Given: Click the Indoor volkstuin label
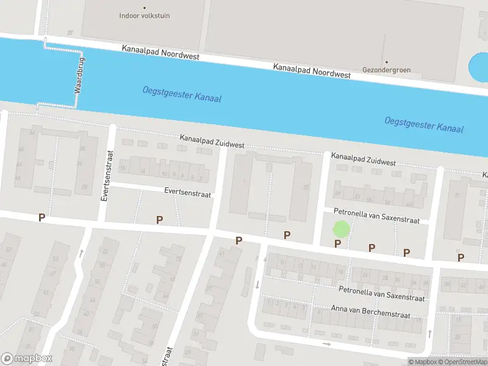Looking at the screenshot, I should coord(145,16).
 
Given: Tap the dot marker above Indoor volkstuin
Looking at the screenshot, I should coord(145,8).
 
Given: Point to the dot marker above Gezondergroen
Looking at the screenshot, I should coord(386,62).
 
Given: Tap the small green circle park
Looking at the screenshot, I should coord(341,230).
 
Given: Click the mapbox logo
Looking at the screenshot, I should coord(26,359).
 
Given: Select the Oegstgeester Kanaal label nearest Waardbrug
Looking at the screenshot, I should coord(182,94).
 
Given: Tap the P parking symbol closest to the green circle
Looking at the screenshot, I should coord(337,244).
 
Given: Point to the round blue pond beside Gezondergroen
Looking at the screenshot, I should coord(479,69).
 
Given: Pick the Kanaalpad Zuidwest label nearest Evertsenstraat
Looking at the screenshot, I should coord(212,143).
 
